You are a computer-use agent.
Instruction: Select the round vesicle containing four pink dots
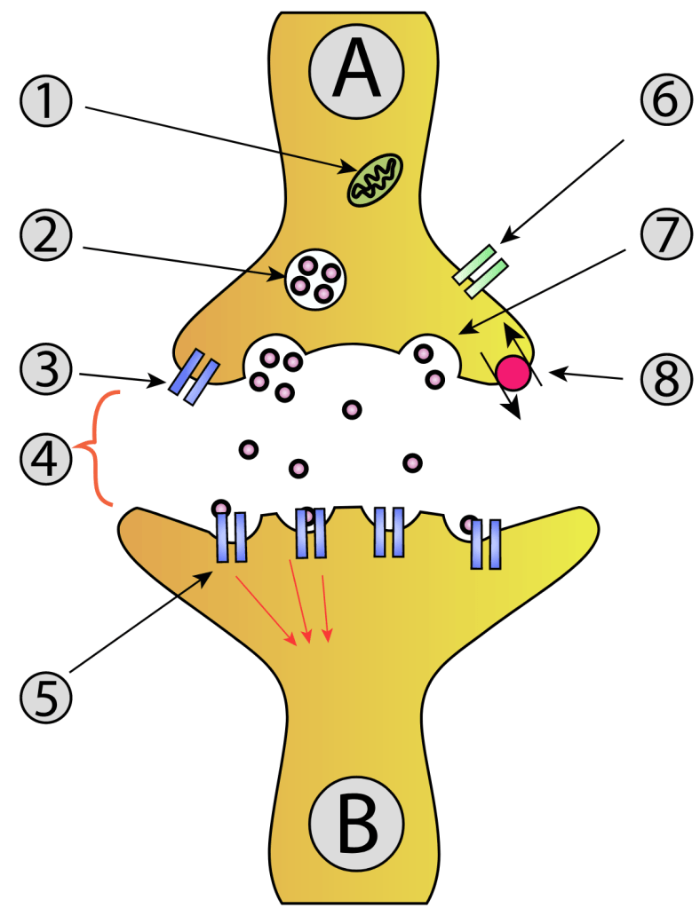point(314,278)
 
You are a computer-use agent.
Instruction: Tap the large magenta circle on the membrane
point(513,371)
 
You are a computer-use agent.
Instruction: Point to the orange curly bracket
point(99,448)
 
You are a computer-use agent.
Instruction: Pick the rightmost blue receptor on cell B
point(486,543)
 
